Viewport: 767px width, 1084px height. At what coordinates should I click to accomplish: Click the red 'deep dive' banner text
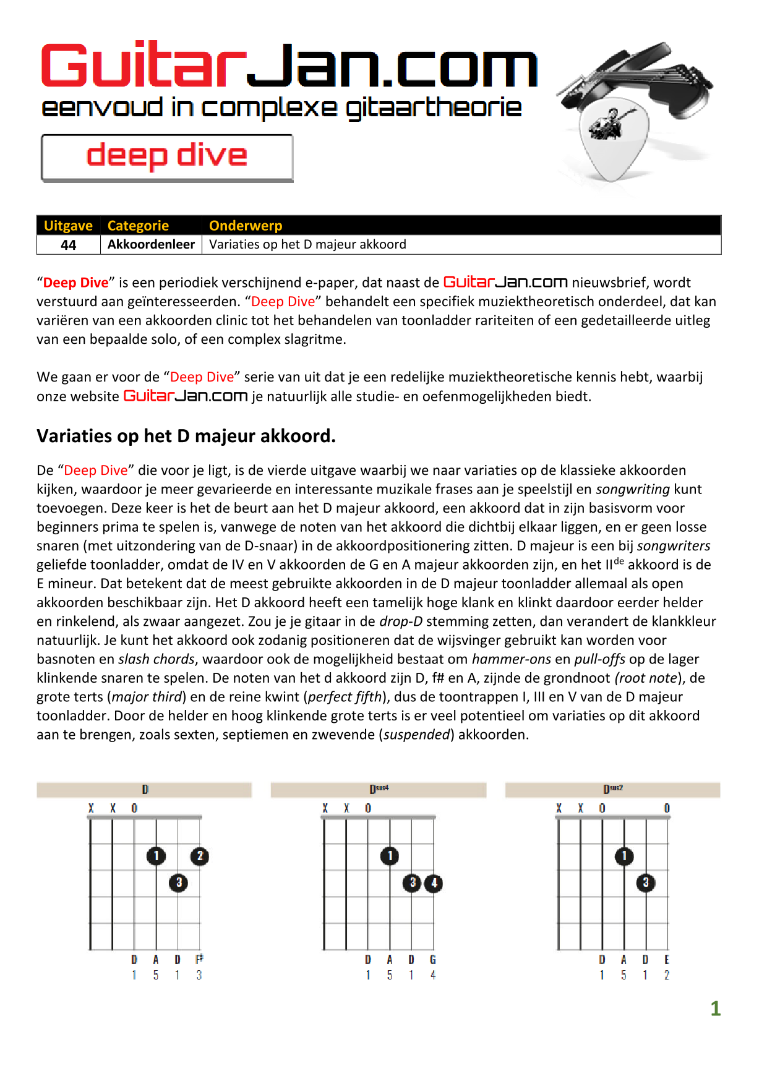[167, 156]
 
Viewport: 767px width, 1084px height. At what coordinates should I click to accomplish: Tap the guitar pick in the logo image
[612, 139]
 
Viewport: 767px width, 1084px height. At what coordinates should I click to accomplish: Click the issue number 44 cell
[68, 245]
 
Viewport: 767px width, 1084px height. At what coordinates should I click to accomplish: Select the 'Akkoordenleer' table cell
[151, 244]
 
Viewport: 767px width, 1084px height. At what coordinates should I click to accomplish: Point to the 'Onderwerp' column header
[246, 226]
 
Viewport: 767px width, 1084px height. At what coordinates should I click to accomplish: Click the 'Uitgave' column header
[68, 226]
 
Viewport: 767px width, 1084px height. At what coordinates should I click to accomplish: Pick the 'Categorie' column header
[138, 226]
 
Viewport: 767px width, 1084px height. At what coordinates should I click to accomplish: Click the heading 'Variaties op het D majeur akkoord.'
[186, 436]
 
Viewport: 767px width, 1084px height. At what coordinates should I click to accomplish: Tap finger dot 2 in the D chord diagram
[200, 856]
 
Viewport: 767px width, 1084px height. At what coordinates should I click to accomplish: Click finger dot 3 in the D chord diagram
[179, 882]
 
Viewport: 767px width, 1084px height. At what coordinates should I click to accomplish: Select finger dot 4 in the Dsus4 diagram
[434, 883]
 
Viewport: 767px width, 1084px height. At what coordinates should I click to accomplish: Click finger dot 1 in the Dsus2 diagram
[624, 856]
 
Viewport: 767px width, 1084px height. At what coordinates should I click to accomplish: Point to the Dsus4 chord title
[379, 789]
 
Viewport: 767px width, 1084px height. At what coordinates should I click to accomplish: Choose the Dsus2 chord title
[612, 789]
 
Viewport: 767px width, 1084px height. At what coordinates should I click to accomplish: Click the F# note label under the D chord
[199, 959]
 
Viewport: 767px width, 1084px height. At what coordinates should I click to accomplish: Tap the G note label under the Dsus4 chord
[433, 960]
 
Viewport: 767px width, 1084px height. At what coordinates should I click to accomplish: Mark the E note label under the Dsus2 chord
[667, 960]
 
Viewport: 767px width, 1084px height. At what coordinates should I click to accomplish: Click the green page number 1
[716, 1009]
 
